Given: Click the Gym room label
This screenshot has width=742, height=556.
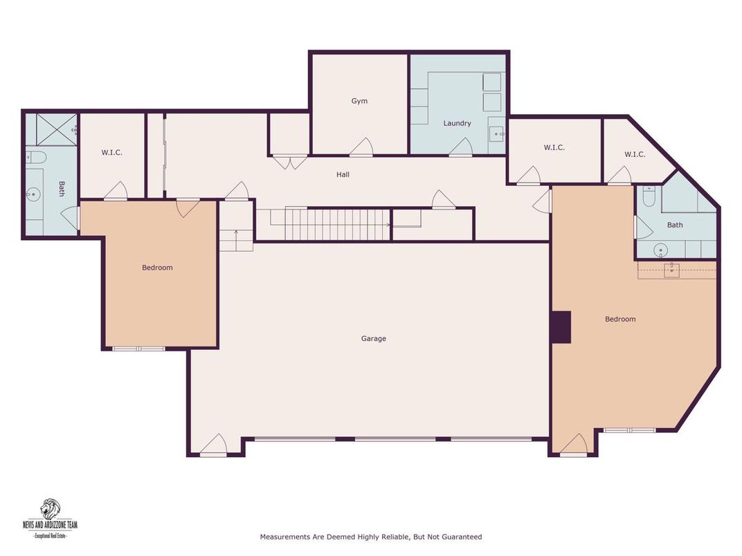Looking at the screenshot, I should coord(359,101).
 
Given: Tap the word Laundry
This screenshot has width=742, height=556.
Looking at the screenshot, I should coord(457,123).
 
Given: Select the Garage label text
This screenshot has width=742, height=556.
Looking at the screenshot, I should coord(374,338).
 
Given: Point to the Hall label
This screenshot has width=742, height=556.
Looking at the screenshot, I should coord(343,174).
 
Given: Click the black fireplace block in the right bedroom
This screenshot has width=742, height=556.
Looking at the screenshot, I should coord(561,327).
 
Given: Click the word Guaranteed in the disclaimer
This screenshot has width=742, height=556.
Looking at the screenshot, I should coord(460,537).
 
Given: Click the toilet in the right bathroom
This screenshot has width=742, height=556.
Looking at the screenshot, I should coord(648,198).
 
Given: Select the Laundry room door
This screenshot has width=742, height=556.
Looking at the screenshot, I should coord(461,147).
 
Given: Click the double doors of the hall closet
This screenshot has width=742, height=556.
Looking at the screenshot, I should coord(289,162).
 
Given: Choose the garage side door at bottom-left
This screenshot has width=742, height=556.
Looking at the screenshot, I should coord(214,446).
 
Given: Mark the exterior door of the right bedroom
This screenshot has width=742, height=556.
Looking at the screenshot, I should coord(573,446).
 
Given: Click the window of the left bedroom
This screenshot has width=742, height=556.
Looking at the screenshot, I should coord(138,349).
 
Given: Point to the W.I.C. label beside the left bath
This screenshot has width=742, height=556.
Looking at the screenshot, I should coord(111,152).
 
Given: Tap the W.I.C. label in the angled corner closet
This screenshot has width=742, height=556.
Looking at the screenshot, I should coord(634,154).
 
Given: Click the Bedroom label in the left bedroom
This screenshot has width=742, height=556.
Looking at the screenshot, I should coord(157,268).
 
